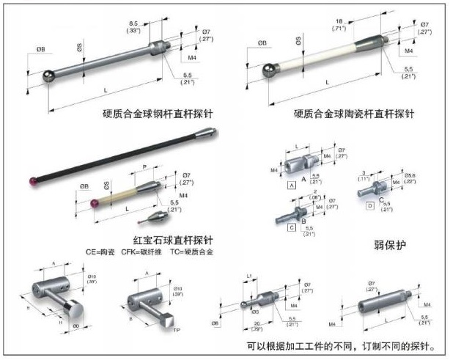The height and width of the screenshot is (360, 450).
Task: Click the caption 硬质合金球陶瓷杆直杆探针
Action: [355, 114]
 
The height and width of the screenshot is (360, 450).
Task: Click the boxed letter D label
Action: [370, 207]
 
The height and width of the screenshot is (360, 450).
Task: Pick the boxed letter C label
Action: [292, 228]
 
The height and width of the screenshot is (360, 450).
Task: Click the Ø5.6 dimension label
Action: [407, 175]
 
